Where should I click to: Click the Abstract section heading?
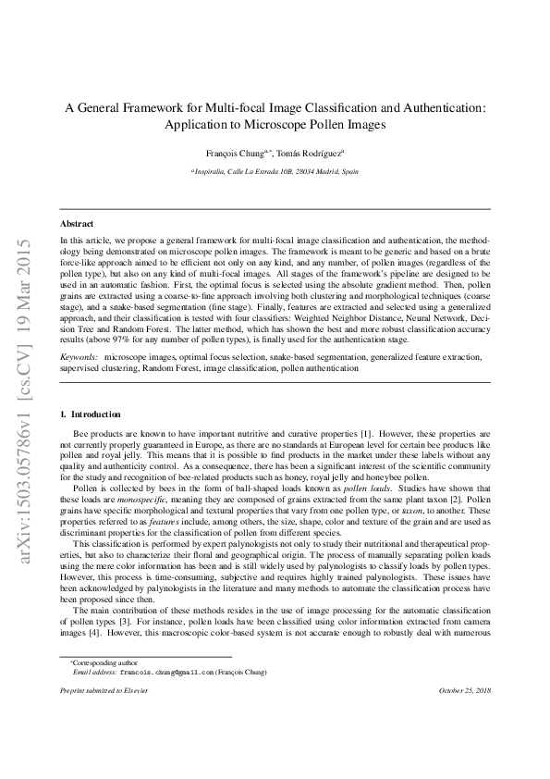76,224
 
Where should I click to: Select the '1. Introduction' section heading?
90,414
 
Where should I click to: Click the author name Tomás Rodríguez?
311,153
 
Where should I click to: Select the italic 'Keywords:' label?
79,356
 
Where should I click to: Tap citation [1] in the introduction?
365,433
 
